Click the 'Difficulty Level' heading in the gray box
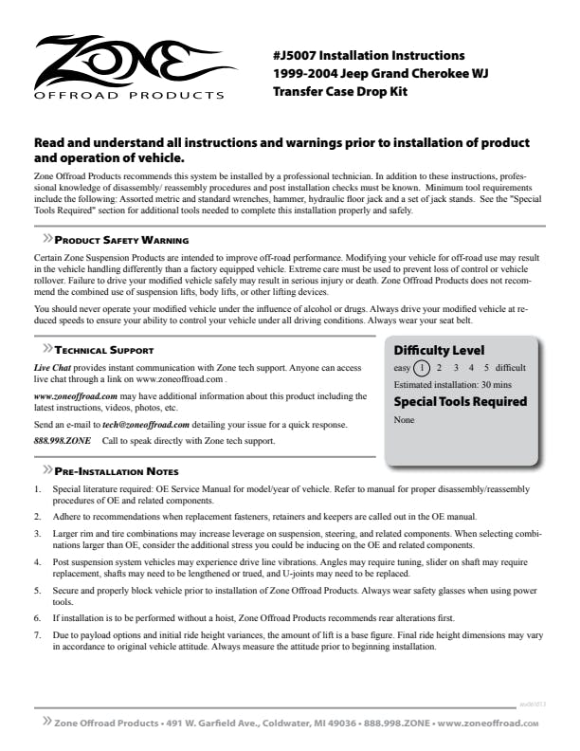(x=439, y=349)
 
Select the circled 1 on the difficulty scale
(x=423, y=368)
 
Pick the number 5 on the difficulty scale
(x=486, y=368)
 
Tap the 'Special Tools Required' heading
(x=460, y=401)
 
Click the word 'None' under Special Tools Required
(x=404, y=418)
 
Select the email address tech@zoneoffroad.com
(x=146, y=424)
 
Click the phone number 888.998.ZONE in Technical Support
(x=63, y=441)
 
